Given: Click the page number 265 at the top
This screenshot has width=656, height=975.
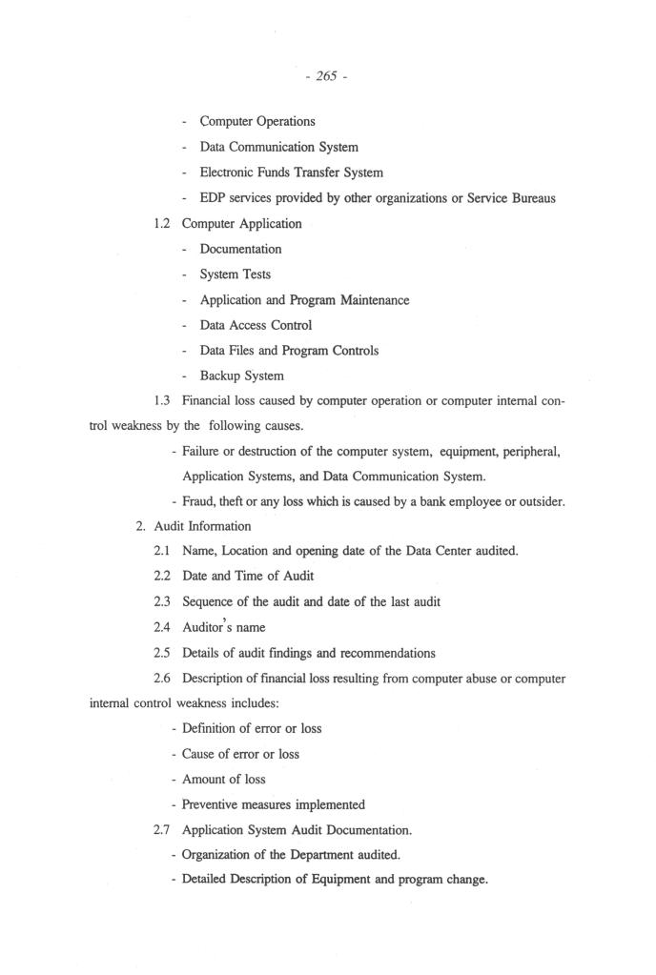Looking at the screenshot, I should tap(326, 76).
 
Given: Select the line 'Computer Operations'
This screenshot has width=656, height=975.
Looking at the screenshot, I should tap(256, 121).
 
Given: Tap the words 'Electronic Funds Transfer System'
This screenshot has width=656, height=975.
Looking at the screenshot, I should tap(291, 173).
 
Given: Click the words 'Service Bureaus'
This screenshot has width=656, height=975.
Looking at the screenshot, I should tap(510, 198).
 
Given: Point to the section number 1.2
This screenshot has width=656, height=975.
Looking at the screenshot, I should tap(163, 224).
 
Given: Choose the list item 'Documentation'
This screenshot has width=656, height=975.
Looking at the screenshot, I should tap(240, 249).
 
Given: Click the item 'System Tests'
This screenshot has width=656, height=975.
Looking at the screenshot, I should tap(235, 274).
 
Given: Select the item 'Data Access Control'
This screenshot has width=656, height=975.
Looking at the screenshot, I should tap(256, 325).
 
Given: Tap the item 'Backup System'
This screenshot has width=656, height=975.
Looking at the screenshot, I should tap(241, 376).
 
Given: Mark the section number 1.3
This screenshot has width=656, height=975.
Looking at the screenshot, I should tap(163, 401).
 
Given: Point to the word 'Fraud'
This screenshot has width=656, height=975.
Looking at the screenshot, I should tap(198, 501).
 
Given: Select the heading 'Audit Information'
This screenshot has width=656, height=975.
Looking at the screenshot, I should tap(202, 526).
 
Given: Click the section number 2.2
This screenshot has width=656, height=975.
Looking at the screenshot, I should tap(163, 577).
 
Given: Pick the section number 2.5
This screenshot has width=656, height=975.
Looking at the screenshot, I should tap(163, 653).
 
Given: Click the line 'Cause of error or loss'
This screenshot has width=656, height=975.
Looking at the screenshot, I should tap(240, 754).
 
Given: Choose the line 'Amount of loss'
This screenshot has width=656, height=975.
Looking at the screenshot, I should tap(223, 779).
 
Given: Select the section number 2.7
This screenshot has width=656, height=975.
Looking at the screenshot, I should tap(163, 830).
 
